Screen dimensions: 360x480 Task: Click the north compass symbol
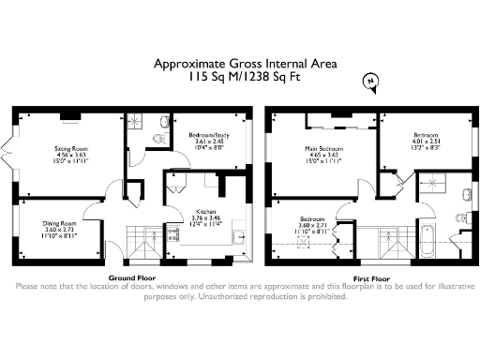[x=372, y=82]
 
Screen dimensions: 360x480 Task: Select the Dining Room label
[x=58, y=222]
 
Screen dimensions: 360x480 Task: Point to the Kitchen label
[x=207, y=212]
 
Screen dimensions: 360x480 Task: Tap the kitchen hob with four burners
[x=173, y=236]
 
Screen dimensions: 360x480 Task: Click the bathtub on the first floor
[x=428, y=242]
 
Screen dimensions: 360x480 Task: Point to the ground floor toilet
[x=157, y=140]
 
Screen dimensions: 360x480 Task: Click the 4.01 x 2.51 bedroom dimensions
[x=419, y=142]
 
